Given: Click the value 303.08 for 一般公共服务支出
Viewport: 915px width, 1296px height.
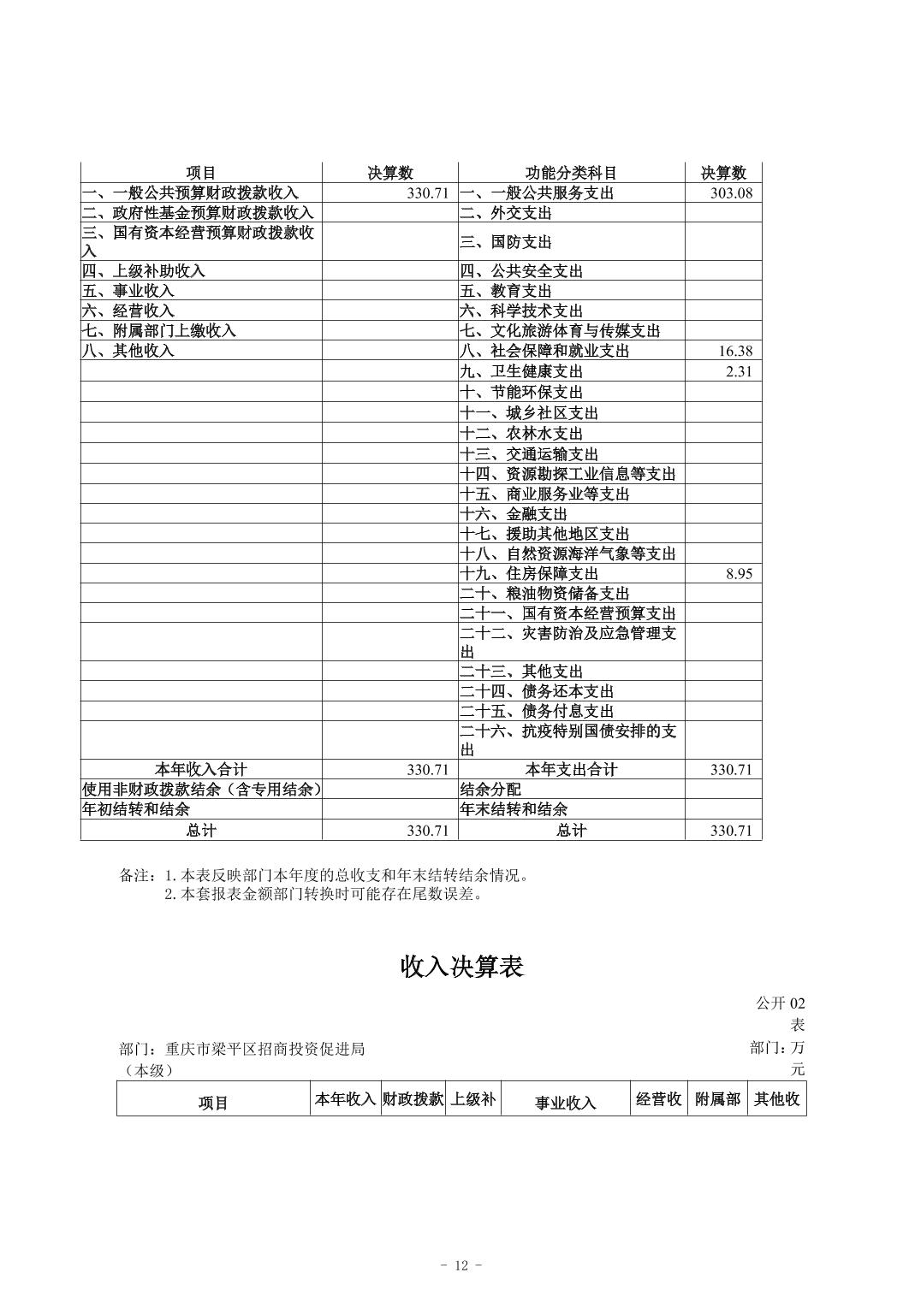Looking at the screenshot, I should (x=731, y=193).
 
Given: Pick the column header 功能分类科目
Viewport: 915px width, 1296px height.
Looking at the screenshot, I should (x=571, y=173).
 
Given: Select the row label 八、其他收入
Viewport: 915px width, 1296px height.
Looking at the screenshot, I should (x=128, y=351).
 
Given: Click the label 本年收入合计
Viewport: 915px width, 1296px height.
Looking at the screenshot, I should (x=200, y=770).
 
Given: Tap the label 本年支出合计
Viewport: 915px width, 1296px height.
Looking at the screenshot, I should (x=571, y=770).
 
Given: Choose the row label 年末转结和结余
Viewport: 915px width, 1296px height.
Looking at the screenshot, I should (x=514, y=809).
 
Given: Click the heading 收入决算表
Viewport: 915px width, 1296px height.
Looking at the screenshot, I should (x=461, y=967).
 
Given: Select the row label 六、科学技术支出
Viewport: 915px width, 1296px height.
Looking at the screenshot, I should (x=521, y=311).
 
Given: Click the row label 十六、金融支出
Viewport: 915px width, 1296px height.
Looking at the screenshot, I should (x=514, y=514).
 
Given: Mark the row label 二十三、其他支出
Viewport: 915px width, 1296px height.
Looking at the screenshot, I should (x=521, y=672).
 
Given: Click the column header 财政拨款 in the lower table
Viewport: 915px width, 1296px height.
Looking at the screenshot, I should (x=413, y=1099).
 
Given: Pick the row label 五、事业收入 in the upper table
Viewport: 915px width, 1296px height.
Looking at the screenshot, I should (x=128, y=291).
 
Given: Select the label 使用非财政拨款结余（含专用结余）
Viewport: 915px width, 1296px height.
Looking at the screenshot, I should (x=201, y=790).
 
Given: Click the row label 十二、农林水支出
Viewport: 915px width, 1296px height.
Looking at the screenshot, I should (x=521, y=434).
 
